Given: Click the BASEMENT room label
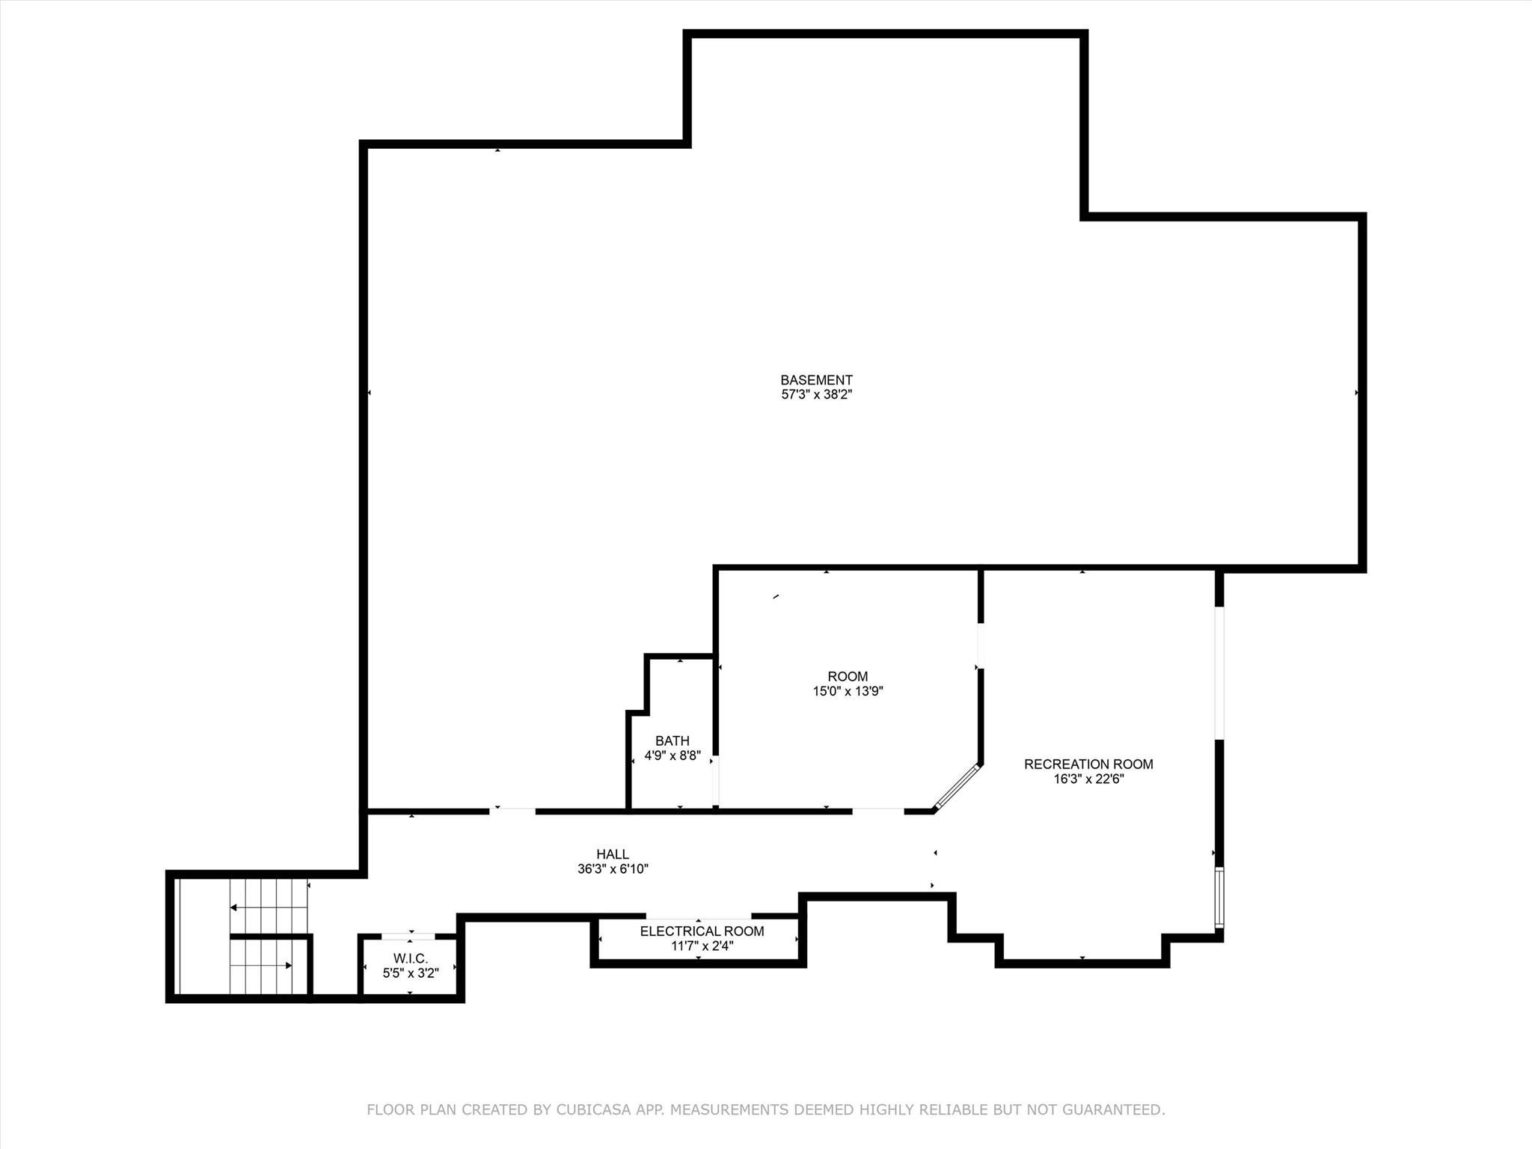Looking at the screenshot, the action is pos(816,380).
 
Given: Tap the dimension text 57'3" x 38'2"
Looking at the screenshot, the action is pos(817,394).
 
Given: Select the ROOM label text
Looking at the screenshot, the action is pos(848,677).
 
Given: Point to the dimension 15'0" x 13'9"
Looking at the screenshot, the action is pos(848,691).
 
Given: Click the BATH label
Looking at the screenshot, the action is pos(672,741).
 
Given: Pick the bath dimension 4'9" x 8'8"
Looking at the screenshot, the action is pos(672,756).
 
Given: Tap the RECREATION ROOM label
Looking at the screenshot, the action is pos(1088,765).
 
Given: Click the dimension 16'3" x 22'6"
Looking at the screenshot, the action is pos(1089,779).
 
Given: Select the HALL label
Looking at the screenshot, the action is pos(613,854).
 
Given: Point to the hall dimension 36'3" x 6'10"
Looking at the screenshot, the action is pos(613,868).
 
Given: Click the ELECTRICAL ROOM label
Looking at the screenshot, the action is pos(702,931).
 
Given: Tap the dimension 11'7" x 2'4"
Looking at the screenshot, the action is pos(702,946).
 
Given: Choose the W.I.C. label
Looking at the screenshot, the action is pos(411,959).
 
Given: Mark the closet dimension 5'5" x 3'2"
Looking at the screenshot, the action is pos(411,973).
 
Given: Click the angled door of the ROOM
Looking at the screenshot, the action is pos(957,787).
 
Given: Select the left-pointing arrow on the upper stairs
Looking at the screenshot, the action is pos(269,907).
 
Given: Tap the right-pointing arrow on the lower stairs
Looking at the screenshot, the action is pos(261,966).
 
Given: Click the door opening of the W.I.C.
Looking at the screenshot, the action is pos(408,936).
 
